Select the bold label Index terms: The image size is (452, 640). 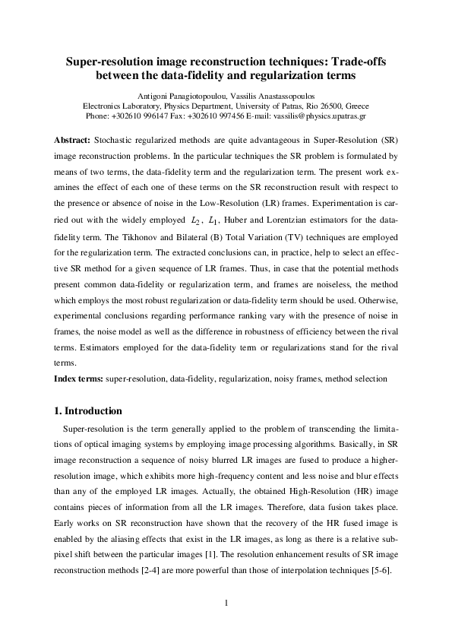coord(79,378)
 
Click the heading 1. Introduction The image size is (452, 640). coord(87,411)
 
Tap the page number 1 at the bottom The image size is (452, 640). coord(226,603)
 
